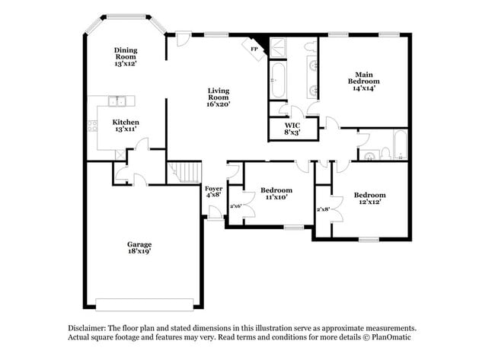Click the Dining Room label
126,57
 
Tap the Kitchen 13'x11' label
126,126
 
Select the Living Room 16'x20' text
219,97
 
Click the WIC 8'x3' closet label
292,129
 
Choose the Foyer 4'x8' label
214,191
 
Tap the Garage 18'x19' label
139,247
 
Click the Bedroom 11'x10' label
276,193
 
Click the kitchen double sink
117,100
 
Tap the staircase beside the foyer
184,173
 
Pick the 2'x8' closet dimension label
323,209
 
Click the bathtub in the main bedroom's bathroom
278,81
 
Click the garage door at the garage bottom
145,304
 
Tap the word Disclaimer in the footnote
80,326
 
